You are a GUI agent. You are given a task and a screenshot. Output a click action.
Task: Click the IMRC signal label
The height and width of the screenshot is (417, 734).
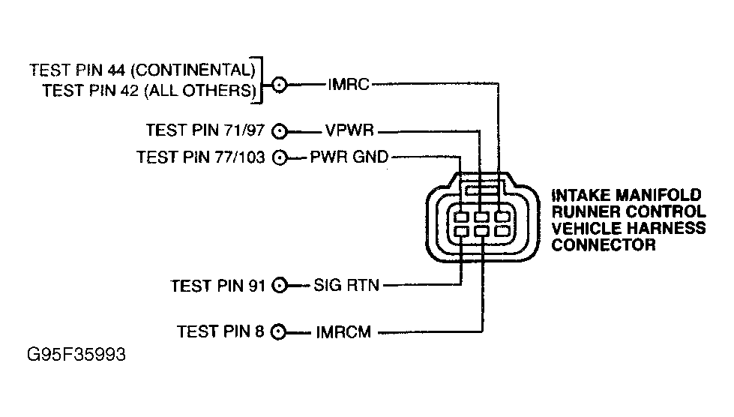[349, 85]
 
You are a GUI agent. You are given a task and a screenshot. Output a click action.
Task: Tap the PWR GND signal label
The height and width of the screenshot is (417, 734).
[349, 157]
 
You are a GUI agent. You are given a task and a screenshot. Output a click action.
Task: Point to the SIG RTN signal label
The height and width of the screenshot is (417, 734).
[346, 285]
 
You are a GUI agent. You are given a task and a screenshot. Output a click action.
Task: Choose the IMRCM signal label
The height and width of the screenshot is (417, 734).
[343, 331]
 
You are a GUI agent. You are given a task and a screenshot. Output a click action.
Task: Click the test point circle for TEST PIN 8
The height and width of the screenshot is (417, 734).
[280, 331]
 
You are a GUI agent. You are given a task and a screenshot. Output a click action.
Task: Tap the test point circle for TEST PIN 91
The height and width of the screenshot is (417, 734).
[280, 285]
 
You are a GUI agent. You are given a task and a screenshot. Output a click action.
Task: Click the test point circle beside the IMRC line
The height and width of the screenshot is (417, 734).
[280, 85]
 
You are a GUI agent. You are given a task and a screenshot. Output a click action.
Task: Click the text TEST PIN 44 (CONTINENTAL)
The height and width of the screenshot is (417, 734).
[142, 71]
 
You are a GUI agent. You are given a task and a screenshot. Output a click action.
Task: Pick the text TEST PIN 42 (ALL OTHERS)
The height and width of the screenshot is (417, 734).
[149, 91]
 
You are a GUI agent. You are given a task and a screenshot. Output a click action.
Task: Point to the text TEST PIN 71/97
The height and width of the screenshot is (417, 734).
[205, 130]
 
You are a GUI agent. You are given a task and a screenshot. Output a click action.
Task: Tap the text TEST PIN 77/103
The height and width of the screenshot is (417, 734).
[201, 157]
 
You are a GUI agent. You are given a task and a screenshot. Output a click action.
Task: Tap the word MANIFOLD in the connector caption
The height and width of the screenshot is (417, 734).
[658, 195]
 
